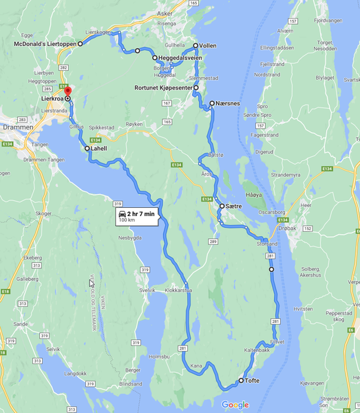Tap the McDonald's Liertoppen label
click(x=45, y=43)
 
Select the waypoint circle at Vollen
click(x=195, y=45)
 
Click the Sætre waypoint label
click(x=235, y=206)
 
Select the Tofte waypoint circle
click(x=241, y=381)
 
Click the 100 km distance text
click(x=127, y=221)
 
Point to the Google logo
click(x=235, y=405)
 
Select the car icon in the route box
click(x=122, y=214)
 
